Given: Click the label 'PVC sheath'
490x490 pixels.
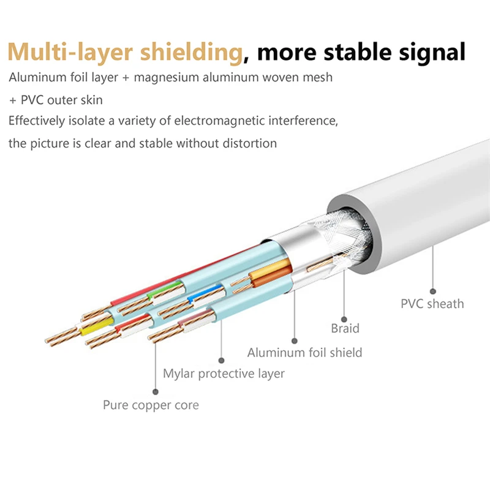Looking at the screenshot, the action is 432,304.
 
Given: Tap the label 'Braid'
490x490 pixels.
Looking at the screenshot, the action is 345,328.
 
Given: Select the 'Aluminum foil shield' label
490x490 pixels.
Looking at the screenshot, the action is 304,352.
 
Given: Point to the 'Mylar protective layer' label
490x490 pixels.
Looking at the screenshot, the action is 224,373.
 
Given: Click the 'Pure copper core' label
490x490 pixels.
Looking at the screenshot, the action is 151,405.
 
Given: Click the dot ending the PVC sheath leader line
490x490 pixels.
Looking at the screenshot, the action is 432,291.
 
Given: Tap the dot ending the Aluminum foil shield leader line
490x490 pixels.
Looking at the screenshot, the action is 295,340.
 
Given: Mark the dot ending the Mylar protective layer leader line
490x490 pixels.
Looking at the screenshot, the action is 221,360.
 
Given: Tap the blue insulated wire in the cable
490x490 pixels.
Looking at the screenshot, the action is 200,296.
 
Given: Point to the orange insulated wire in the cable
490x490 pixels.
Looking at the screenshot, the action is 273,276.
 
